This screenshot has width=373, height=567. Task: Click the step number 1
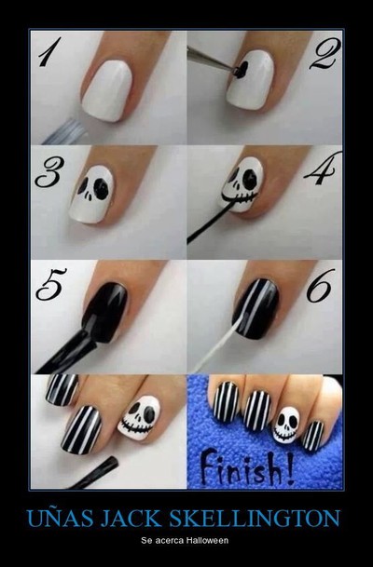(x=48, y=52)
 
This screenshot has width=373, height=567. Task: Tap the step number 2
(x=325, y=53)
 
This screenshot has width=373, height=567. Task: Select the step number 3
(x=49, y=172)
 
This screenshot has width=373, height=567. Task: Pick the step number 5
(x=51, y=284)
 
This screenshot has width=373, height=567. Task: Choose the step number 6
(x=319, y=286)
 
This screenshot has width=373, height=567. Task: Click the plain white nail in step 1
(x=107, y=90)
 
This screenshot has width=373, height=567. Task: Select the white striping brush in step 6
(x=217, y=345)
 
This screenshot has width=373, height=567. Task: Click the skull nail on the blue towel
(x=285, y=425)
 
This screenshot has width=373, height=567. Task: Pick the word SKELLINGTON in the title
(x=255, y=519)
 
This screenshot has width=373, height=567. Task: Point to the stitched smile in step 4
(x=240, y=198)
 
